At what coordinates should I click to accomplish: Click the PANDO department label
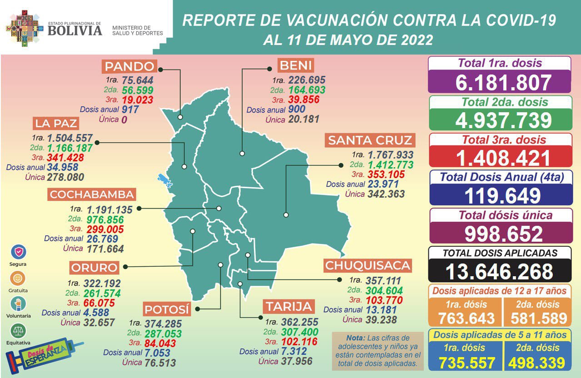click(x=129, y=66)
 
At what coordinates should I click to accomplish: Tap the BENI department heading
click(x=296, y=65)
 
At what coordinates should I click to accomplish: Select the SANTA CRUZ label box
click(x=370, y=140)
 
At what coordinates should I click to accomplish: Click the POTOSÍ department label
click(x=167, y=310)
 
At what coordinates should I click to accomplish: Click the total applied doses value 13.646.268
click(x=499, y=272)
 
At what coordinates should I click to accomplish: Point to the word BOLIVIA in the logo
click(x=74, y=30)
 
